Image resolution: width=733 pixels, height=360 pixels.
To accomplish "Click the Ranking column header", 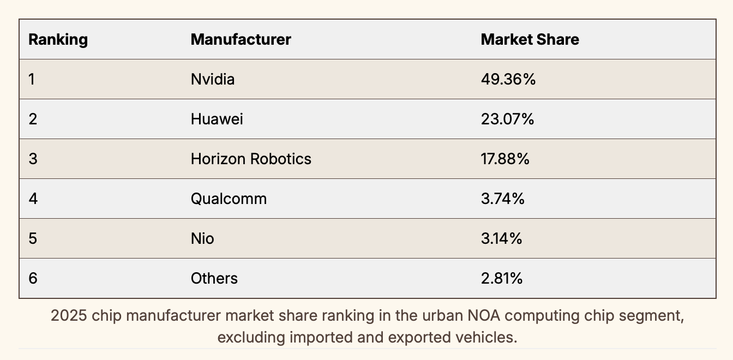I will click(58, 40).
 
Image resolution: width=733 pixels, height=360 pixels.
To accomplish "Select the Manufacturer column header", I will click(241, 40).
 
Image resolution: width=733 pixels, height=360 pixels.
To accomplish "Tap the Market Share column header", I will click(530, 40).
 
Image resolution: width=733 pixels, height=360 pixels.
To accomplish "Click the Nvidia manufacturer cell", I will click(213, 80).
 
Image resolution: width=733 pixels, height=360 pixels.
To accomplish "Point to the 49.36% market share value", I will click(508, 80).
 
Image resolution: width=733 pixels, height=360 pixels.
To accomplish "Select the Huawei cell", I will click(217, 119).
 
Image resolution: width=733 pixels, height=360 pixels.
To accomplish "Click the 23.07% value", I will click(507, 119).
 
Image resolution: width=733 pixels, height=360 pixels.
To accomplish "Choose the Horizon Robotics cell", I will click(251, 159).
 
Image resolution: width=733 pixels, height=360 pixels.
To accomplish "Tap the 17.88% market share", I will click(505, 159).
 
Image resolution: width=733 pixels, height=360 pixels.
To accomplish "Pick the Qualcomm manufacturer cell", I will click(229, 199).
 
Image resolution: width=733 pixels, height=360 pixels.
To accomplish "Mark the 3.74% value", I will click(502, 199).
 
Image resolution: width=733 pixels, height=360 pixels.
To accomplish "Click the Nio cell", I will click(202, 238).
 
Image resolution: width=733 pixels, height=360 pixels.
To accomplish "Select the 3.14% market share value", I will click(501, 238).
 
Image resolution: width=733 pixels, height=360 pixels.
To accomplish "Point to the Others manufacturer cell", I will click(214, 278).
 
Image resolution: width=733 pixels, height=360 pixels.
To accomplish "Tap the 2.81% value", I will click(502, 278).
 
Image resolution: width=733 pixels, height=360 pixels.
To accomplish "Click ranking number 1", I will click(32, 80).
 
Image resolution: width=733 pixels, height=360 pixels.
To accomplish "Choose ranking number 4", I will click(33, 199).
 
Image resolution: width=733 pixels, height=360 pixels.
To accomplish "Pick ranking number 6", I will click(33, 278).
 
